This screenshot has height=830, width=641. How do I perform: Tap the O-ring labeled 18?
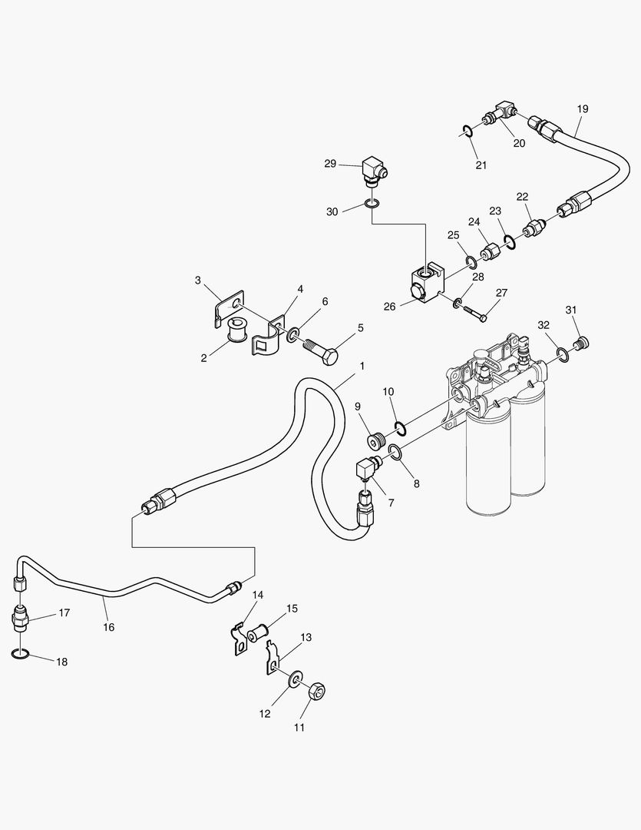(x=21, y=654)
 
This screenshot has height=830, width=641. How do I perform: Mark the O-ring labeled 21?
(x=468, y=131)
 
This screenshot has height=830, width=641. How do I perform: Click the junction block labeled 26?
(x=427, y=283)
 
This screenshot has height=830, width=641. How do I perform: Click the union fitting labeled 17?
(x=21, y=617)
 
